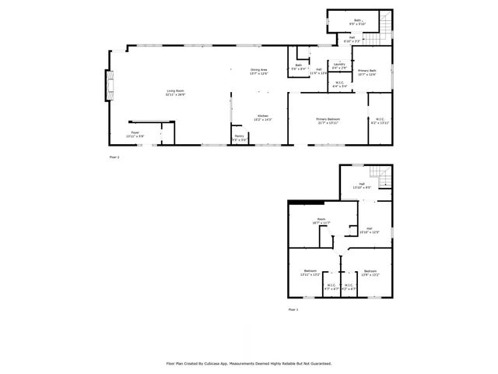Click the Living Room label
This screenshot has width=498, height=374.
[x=175, y=93]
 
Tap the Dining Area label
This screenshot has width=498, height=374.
[x=259, y=72]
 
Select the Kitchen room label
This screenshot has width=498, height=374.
[x=262, y=118]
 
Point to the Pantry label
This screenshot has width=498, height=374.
[x=239, y=138]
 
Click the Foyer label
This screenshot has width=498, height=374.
[x=135, y=134]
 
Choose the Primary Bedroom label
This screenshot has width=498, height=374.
[x=328, y=121]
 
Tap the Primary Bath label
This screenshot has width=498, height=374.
[x=367, y=73]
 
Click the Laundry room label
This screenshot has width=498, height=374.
[x=340, y=68]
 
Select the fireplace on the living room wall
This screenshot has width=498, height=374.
[x=110, y=86]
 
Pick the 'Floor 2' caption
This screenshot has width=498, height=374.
[x=114, y=157]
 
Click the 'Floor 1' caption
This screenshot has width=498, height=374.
[x=293, y=309]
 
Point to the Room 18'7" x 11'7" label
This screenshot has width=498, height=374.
[x=321, y=221]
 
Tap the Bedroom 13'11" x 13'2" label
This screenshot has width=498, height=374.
[x=310, y=273]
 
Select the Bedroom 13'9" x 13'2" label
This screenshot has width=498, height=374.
[x=370, y=273]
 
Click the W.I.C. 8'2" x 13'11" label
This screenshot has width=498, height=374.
[x=379, y=122]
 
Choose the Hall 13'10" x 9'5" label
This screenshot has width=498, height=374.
[x=362, y=186]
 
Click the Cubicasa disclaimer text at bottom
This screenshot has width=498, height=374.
[x=249, y=363]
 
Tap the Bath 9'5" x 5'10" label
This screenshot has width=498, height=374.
[x=358, y=23]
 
